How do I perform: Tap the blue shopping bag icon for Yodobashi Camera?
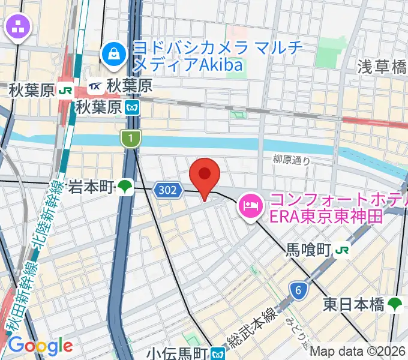pos(112,56)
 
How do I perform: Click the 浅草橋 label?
pos(383,67)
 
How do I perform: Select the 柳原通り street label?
pos(292,160)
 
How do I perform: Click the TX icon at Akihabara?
pos(95,88)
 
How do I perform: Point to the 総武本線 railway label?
pos(251,326)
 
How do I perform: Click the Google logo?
pos(40,346)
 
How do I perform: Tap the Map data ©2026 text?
pos(358,352)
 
